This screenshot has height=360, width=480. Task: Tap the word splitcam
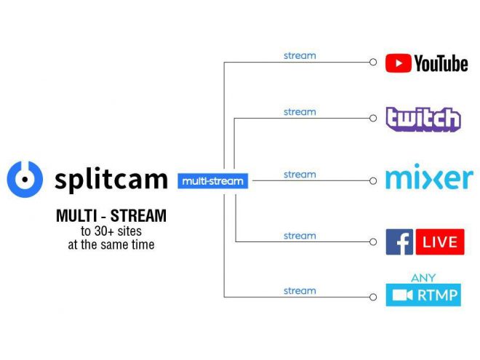[111, 180]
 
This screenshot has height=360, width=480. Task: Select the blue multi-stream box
[213, 181]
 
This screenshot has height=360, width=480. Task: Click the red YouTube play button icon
[398, 63]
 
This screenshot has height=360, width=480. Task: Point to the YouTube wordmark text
[441, 64]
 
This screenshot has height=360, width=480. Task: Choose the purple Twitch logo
[423, 119]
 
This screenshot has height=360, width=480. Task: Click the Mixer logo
[430, 177]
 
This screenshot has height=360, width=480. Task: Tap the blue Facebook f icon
[399, 242]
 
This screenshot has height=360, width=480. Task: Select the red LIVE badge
[440, 242]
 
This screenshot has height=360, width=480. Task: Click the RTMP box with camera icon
[423, 295]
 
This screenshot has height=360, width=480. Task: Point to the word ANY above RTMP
[423, 278]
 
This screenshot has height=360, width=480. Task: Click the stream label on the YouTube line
[300, 56]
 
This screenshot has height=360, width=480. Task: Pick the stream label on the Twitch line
[300, 112]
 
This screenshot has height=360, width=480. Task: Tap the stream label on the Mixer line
[300, 175]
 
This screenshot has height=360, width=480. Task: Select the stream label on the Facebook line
[300, 236]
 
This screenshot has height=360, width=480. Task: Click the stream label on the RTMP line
[300, 291]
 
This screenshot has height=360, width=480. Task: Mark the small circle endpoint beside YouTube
[373, 62]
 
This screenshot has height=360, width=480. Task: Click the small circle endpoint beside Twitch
[373, 118]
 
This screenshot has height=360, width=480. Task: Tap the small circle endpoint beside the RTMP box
[373, 297]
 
